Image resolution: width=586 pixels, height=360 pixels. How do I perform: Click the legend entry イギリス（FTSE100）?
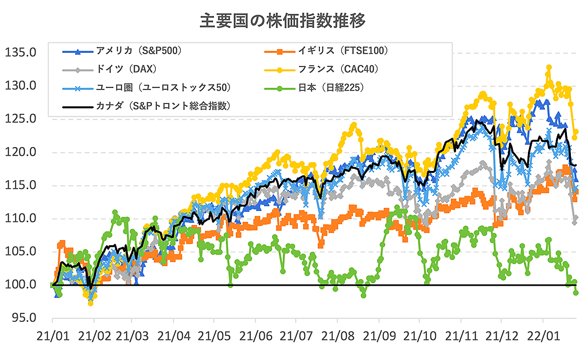[342, 50]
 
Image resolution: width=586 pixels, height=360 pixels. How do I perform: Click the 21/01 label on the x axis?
[52, 337]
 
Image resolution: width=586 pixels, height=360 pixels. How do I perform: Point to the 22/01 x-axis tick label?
[543, 337]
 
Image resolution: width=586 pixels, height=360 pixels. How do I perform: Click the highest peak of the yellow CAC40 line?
[549, 67]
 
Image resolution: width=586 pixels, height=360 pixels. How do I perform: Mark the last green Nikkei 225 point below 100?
[576, 293]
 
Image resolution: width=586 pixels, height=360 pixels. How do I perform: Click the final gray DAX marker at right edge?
[576, 218]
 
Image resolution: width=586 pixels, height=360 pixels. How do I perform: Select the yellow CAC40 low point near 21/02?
[90, 303]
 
